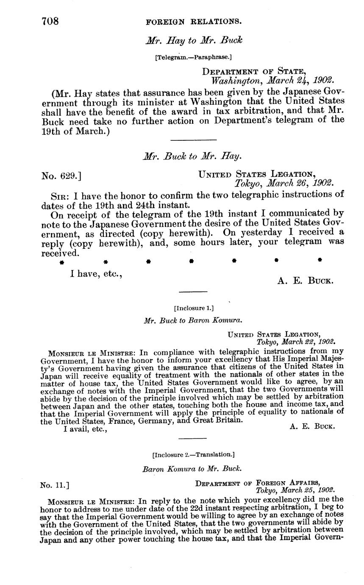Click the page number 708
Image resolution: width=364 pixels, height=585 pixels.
[50, 21]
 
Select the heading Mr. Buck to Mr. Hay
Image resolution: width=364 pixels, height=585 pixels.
[193, 156]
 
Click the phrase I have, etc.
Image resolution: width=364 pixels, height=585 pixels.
[97, 274]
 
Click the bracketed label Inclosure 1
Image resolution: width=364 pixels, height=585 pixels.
[193, 308]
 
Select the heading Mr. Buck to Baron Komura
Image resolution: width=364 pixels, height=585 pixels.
[193, 320]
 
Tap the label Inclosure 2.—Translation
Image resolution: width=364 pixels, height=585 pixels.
[193, 455]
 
